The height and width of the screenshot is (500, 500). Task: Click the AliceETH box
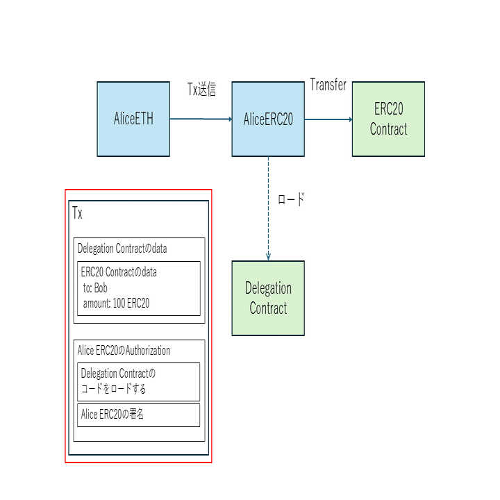coord(133,119)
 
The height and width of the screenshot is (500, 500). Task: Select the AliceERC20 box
coord(268,119)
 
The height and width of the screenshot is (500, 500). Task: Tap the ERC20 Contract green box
coord(388,119)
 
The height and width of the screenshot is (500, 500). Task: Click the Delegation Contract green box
coord(268,298)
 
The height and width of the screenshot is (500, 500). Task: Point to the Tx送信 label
coord(201,90)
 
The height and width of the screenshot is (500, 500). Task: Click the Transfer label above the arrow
coord(328,85)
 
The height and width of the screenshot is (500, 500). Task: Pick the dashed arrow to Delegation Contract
coord(268,208)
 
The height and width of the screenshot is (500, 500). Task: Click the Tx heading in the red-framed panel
coord(78,213)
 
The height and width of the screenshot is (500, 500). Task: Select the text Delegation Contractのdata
coord(122,249)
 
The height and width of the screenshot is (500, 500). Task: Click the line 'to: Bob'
coord(95,287)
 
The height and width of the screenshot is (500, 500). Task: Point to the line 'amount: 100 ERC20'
coord(116,303)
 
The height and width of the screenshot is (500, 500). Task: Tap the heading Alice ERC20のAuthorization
coord(124,351)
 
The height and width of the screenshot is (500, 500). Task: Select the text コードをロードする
coord(114,388)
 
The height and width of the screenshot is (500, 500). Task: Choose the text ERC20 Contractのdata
coord(119,272)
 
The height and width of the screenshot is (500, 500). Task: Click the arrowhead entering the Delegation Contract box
coord(268,257)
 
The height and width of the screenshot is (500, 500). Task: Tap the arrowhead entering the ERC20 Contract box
coord(349,119)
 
